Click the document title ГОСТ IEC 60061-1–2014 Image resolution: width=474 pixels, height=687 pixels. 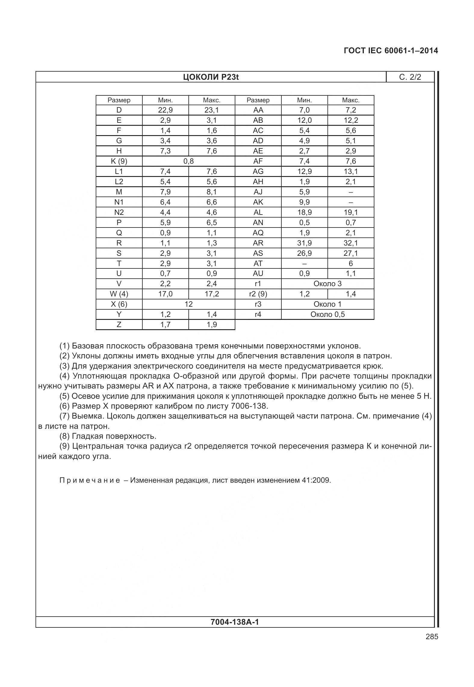point(391,51)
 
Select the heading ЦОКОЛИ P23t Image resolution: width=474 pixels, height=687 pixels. point(211,77)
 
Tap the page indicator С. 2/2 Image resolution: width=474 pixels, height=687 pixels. point(410,77)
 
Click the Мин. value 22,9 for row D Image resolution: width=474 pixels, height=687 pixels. point(165,110)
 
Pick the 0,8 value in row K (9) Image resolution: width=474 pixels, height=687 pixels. point(188,161)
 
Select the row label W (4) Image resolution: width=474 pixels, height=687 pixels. point(119,294)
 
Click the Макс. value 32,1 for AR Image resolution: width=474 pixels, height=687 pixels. point(351,243)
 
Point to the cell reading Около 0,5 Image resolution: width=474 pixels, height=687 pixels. point(327,314)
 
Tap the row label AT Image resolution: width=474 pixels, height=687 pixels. point(258,263)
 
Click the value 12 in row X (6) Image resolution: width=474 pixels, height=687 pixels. point(188,304)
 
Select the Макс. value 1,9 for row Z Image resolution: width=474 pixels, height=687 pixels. point(212,325)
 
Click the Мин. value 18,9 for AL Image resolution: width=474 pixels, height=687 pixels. point(304,212)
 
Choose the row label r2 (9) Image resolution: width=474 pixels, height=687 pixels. point(258,294)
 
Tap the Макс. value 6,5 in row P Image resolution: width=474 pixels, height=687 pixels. point(212,223)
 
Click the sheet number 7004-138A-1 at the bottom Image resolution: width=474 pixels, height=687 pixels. point(235,622)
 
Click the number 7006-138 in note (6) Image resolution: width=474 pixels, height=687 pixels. point(249,406)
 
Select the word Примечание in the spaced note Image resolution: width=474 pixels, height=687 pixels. point(90,480)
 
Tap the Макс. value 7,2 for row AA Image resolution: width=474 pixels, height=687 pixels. point(351,110)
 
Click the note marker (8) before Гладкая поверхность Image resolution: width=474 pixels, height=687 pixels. point(65,436)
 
